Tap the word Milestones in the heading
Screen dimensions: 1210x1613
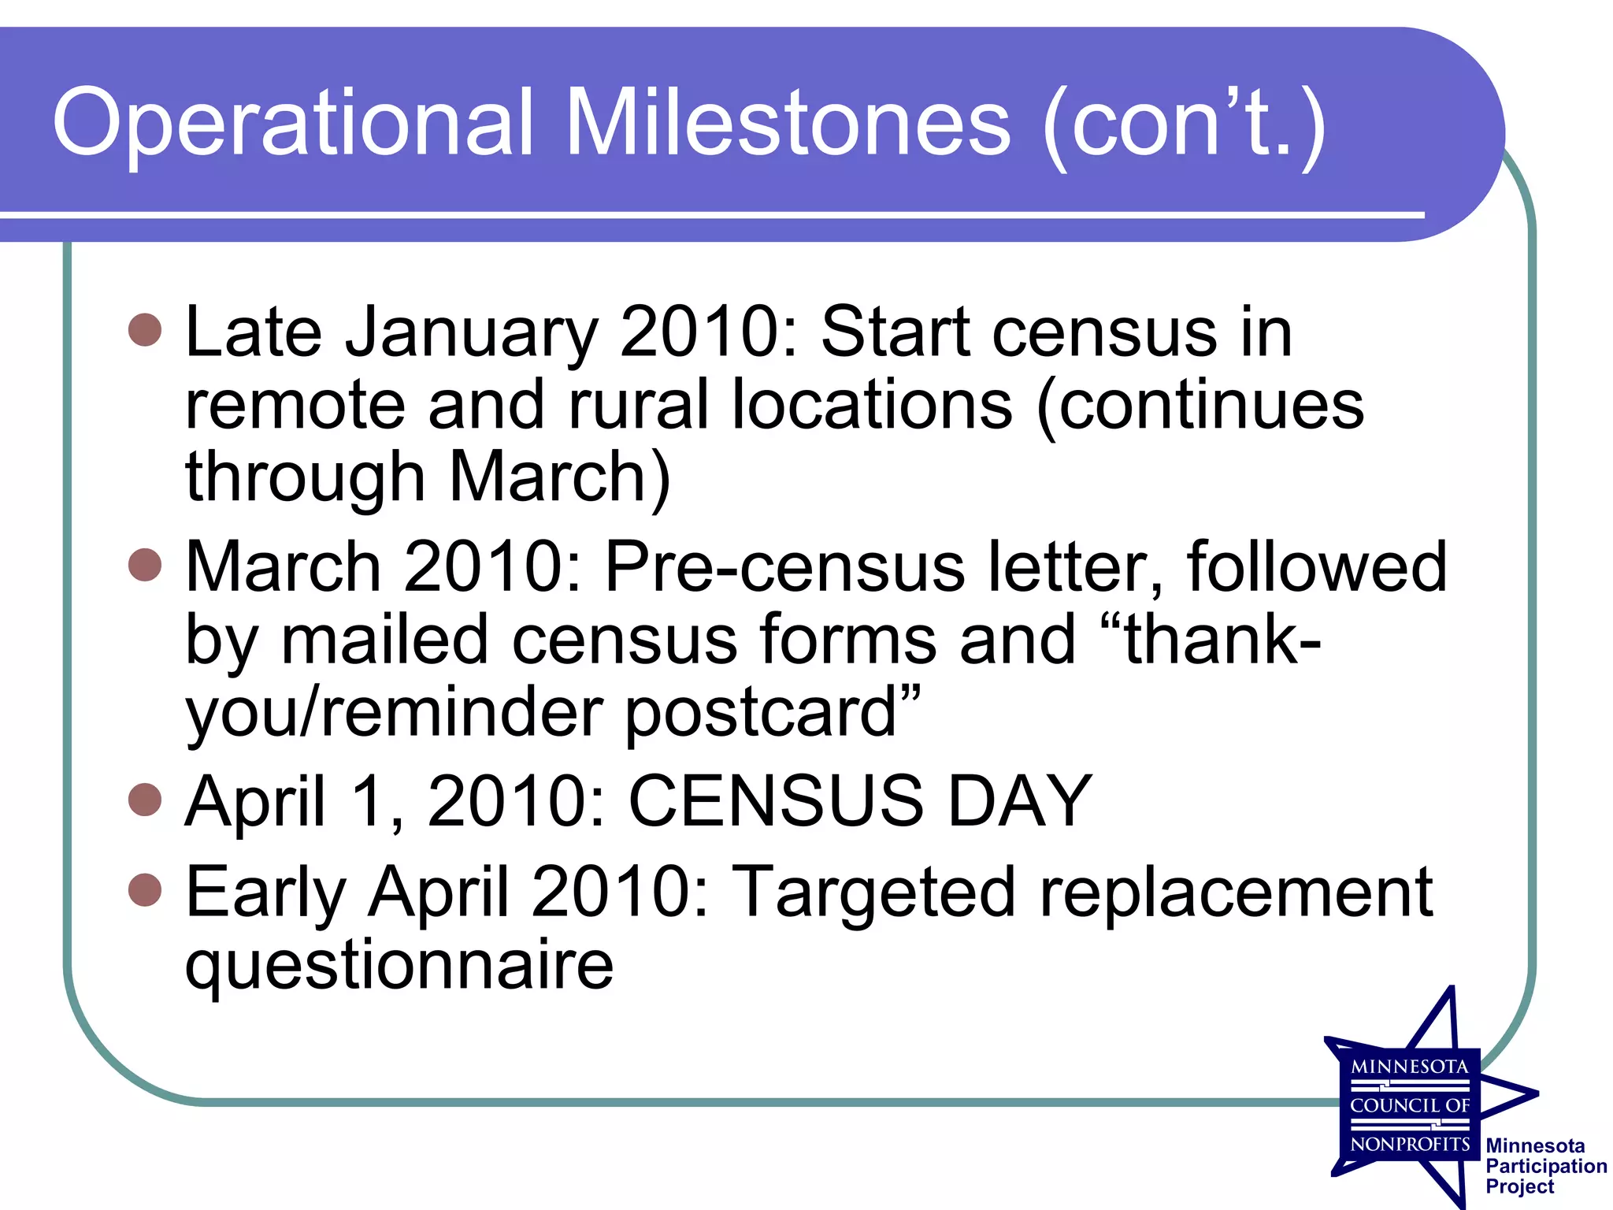tap(788, 123)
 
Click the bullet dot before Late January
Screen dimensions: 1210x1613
tap(145, 330)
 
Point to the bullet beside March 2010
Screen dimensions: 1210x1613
tap(145, 565)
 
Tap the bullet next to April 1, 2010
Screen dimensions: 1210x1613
tap(145, 800)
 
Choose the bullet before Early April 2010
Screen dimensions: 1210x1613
tap(145, 890)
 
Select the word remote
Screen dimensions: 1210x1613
tap(295, 405)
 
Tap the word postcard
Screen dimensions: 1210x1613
tap(761, 713)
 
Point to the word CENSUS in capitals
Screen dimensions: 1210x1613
tap(776, 801)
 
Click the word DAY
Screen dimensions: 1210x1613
tap(1020, 801)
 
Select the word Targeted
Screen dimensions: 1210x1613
tap(875, 892)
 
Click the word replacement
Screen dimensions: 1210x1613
tap(1236, 892)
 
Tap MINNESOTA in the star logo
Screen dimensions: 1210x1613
tap(1410, 1067)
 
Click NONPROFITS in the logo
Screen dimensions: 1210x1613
tap(1410, 1144)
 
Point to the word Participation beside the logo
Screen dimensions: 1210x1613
tap(1546, 1166)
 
